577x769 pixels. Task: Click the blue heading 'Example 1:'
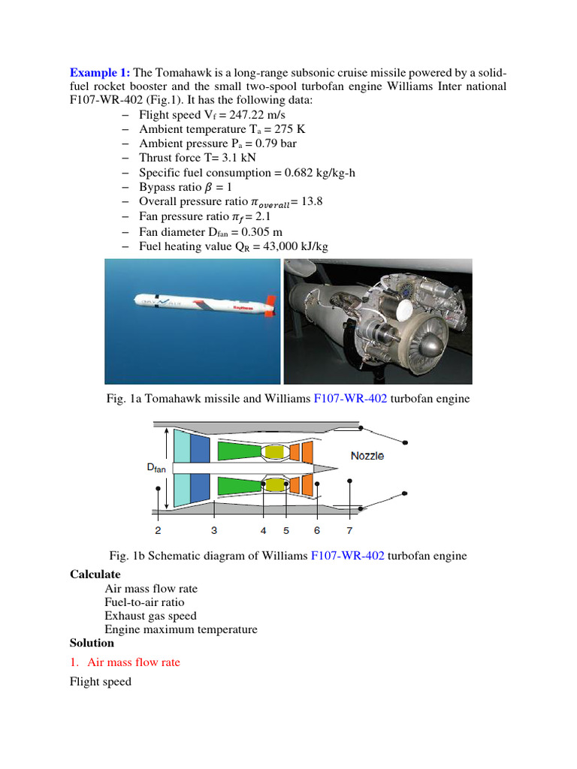tap(100, 72)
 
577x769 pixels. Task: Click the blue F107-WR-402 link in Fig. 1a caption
tap(350, 399)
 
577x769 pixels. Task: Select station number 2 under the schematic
tap(158, 530)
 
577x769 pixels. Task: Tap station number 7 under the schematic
tap(349, 530)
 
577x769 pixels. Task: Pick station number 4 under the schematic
tap(264, 530)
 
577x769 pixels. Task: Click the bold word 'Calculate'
tap(95, 574)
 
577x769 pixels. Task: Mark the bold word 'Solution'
tap(92, 643)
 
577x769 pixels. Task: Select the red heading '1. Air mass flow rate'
tap(133, 662)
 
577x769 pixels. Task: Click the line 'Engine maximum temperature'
tap(180, 629)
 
